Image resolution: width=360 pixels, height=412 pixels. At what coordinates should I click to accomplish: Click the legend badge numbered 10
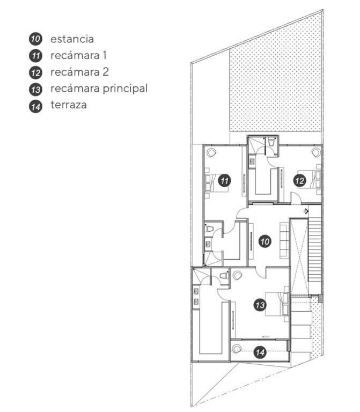point(35,39)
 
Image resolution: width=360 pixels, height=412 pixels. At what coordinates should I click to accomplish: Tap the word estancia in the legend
point(72,39)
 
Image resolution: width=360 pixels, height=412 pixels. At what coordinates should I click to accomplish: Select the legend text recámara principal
point(99,89)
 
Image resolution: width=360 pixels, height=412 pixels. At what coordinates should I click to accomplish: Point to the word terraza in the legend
point(69,105)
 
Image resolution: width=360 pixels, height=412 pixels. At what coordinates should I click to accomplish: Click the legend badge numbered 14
point(35,107)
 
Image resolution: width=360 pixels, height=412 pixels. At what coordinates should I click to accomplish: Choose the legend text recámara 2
point(79,72)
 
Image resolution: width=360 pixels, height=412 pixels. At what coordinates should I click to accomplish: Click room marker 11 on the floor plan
point(224,180)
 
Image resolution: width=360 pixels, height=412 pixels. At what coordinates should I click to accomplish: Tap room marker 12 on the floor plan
point(299,180)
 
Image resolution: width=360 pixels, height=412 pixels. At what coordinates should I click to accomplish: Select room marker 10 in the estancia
point(265,241)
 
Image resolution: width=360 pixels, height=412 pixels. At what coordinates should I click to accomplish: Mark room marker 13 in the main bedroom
point(260,305)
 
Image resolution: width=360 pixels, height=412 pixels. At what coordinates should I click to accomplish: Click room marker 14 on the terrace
point(260,352)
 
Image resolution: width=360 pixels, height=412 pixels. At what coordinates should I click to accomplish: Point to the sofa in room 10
point(284,240)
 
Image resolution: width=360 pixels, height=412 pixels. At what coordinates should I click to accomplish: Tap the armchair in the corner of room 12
point(316,152)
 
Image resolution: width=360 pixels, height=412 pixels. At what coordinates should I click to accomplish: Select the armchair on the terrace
point(237,349)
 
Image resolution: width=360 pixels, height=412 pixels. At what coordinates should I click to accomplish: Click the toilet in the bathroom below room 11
point(209,229)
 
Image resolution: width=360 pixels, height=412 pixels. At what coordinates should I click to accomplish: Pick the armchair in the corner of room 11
point(211,152)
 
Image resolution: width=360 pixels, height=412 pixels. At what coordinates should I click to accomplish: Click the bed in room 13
point(277,304)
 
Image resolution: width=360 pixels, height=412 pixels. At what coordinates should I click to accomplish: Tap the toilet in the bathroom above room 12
point(271,142)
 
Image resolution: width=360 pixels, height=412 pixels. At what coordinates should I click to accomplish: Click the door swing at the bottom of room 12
point(296,197)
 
